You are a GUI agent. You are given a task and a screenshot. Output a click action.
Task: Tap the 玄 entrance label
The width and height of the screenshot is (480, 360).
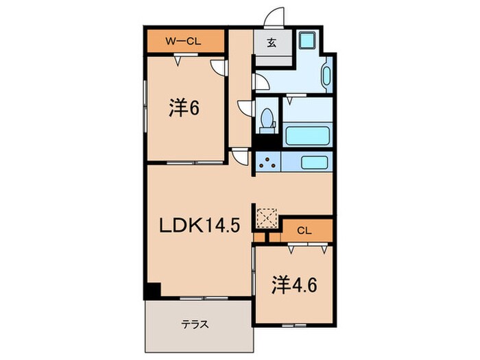270,43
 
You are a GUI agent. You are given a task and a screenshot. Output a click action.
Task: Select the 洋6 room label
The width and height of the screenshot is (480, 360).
184,108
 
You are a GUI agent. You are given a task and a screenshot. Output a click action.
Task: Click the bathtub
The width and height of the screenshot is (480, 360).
307,135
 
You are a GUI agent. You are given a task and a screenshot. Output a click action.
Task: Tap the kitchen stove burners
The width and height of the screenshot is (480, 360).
267,163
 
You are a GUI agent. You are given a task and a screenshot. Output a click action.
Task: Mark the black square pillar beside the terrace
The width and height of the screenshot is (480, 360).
151,291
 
